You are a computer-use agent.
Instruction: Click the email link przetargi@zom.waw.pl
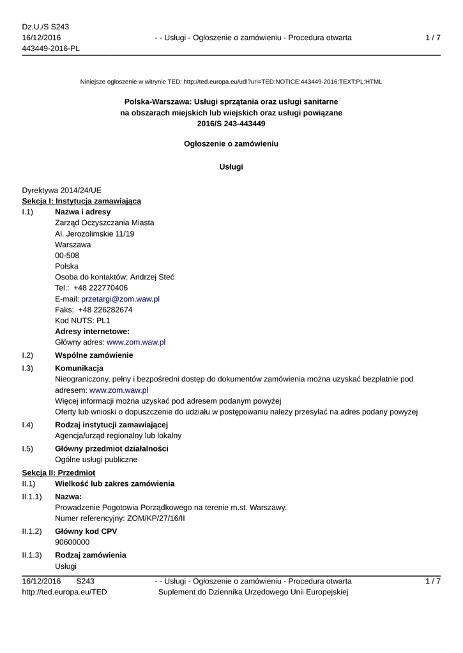(120, 298)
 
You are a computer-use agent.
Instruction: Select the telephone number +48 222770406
(100, 288)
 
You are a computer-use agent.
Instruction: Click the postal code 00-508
(67, 255)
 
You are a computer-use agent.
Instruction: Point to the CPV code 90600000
(72, 542)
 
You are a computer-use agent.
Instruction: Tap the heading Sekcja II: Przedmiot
(58, 473)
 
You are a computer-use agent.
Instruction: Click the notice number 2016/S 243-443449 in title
(231, 123)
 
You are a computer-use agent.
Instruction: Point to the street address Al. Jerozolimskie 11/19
(95, 233)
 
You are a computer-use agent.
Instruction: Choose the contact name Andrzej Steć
(152, 277)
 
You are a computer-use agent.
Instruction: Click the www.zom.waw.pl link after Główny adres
(136, 342)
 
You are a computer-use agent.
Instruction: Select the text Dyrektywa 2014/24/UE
(61, 190)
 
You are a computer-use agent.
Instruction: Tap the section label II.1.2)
(32, 531)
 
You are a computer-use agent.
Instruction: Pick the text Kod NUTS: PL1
(82, 320)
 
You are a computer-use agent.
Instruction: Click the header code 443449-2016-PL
(51, 48)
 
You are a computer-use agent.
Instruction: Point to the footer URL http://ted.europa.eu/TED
(65, 592)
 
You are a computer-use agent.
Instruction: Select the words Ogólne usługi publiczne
(96, 459)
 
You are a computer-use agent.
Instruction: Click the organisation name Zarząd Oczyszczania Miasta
(104, 223)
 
